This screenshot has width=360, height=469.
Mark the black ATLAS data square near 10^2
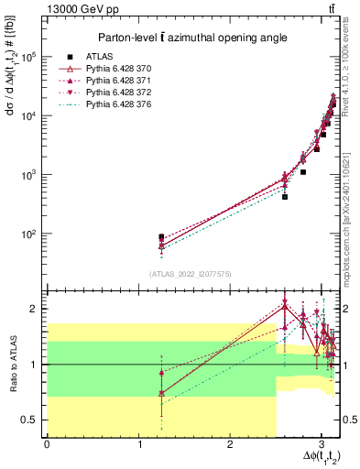point(161,237)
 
